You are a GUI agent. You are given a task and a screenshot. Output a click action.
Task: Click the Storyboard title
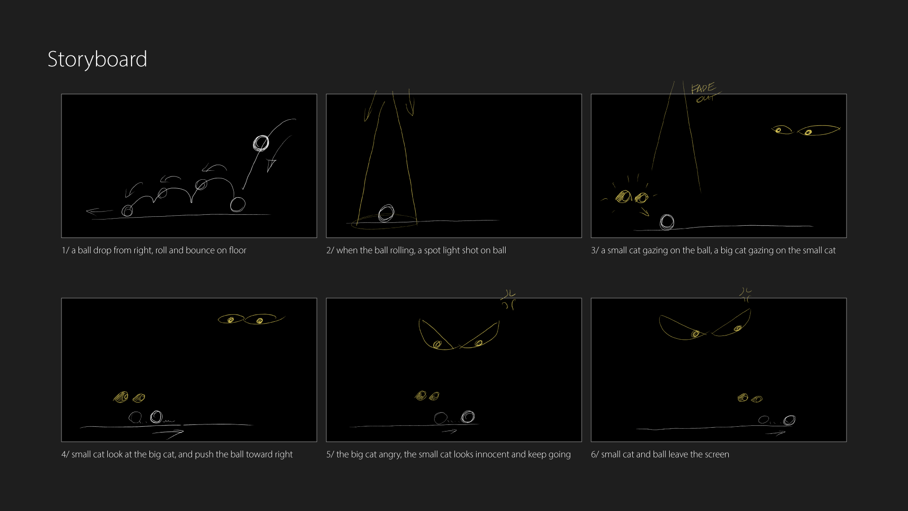[x=97, y=60]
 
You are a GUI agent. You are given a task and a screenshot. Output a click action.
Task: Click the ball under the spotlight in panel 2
[x=386, y=213]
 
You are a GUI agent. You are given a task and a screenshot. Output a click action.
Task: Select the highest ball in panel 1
[x=261, y=143]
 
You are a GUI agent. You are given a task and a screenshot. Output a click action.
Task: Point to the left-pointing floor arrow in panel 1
[x=99, y=211]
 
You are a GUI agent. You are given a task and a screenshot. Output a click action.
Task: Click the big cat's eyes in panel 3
[x=806, y=130]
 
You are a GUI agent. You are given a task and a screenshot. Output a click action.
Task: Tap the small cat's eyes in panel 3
[x=632, y=196]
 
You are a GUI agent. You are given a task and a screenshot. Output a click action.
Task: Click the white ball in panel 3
[x=667, y=221]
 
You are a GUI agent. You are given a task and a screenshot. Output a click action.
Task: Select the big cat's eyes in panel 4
[x=251, y=319]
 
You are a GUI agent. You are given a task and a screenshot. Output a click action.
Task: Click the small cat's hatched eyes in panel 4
[x=129, y=397]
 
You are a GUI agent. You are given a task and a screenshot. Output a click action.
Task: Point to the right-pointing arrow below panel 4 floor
[x=168, y=432]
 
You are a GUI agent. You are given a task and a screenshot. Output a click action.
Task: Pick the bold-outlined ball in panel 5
[x=468, y=416]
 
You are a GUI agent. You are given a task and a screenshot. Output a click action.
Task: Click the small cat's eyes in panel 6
[x=750, y=398]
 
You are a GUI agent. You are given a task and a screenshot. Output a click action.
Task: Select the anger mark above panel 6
[x=746, y=294]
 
